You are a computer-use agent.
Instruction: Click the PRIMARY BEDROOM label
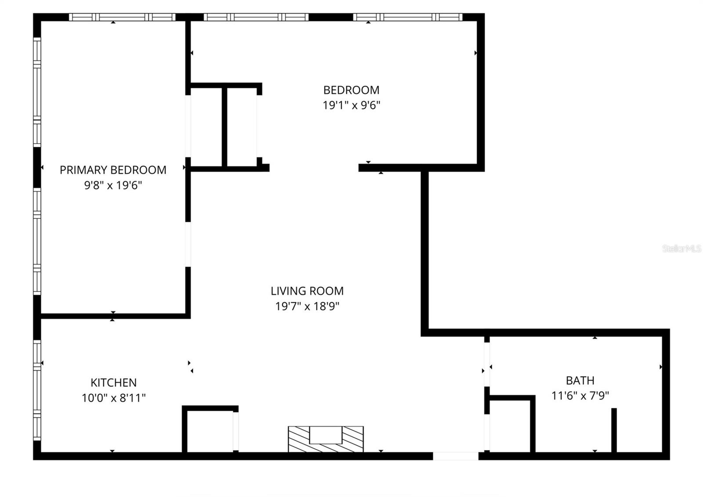coord(113,170)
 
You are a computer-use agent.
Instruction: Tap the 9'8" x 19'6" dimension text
coord(113,185)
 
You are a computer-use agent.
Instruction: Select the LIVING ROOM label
coord(307,291)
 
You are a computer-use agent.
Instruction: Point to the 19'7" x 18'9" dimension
coord(307,306)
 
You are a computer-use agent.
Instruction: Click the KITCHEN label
coord(113,383)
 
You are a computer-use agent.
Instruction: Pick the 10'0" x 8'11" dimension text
coord(113,398)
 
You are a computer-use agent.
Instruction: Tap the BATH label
coord(580,381)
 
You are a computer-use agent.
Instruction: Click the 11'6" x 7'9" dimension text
coord(580,396)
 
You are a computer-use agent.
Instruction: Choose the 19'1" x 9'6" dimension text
coord(351,105)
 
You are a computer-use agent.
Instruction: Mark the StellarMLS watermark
coord(681,249)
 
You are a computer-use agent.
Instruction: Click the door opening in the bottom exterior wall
coord(456,456)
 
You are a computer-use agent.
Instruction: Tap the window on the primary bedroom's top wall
coord(122,18)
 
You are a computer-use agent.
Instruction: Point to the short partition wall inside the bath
coord(614,430)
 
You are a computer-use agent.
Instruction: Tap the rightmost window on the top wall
coord(407,18)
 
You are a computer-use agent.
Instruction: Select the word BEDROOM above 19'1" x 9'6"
coord(351,90)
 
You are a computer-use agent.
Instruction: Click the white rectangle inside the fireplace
coord(326,435)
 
